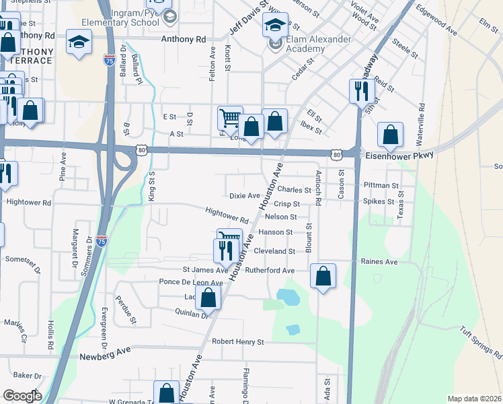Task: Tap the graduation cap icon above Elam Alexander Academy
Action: coord(275,26)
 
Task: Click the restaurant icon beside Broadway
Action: coord(362,91)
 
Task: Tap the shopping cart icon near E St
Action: coord(230,119)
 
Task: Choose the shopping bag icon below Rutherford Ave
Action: coord(323,275)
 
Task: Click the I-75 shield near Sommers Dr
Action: coord(101,240)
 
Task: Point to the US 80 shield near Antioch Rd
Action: coord(336,155)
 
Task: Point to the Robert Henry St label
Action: coord(237,342)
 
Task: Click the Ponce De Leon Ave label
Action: coord(190,282)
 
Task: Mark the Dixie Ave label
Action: coord(244,196)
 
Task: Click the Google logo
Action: coord(22,396)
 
